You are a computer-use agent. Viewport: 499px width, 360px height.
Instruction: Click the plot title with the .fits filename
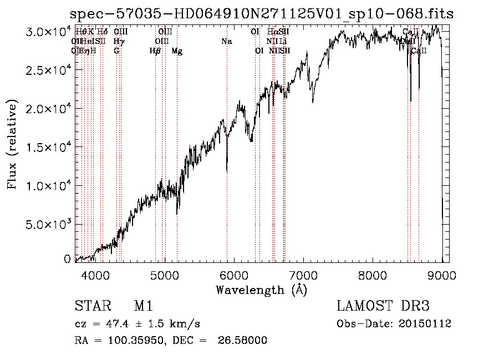point(262,14)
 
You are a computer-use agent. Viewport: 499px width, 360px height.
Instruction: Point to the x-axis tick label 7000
point(303,275)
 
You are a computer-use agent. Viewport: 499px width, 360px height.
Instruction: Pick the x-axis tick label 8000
point(372,275)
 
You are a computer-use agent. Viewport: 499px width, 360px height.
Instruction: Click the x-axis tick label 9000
point(441,275)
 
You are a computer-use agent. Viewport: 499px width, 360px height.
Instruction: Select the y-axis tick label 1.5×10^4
point(48,147)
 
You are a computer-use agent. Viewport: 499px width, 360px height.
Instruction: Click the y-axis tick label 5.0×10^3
point(48,224)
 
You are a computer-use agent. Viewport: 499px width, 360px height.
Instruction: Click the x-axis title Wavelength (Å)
point(261,290)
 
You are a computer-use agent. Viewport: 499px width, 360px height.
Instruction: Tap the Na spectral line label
point(226,41)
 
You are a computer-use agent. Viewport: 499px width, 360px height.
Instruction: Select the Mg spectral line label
point(177,51)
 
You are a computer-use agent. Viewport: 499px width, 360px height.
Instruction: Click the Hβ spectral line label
point(155,51)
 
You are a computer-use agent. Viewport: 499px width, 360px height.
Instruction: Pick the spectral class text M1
point(143,306)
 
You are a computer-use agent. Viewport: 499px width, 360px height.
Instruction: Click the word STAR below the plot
point(91,306)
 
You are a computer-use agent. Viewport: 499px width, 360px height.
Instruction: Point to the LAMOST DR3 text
point(383,306)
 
